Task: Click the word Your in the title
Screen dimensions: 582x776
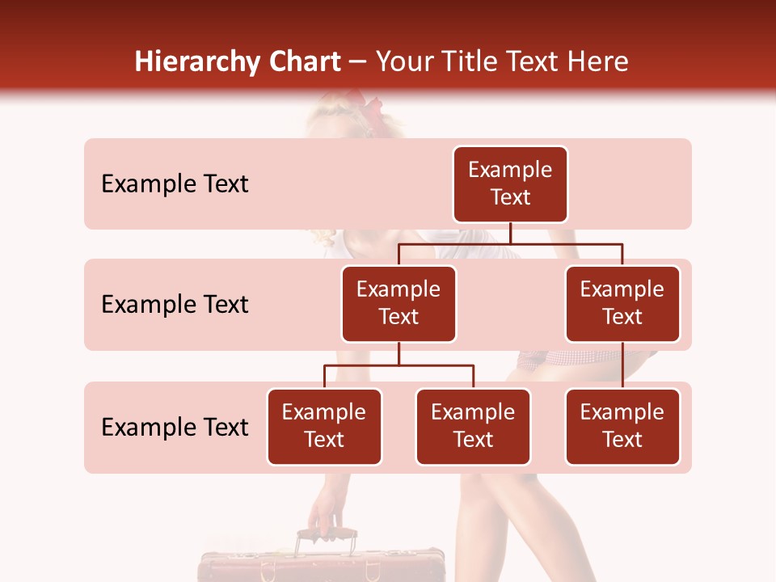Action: point(404,62)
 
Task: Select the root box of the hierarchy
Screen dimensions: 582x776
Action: point(510,183)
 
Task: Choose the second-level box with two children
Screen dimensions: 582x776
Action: point(399,303)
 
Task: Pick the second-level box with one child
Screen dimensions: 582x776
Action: point(622,303)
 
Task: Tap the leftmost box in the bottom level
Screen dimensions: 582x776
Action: point(324,426)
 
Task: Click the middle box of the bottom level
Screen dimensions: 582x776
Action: point(473,426)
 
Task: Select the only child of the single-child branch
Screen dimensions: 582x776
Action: point(622,426)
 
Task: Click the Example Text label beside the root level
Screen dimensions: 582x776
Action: point(175,183)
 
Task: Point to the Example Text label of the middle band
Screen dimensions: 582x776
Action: point(175,304)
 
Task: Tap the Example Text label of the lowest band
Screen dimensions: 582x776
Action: point(175,427)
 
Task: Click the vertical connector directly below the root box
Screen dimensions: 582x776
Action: point(510,233)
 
